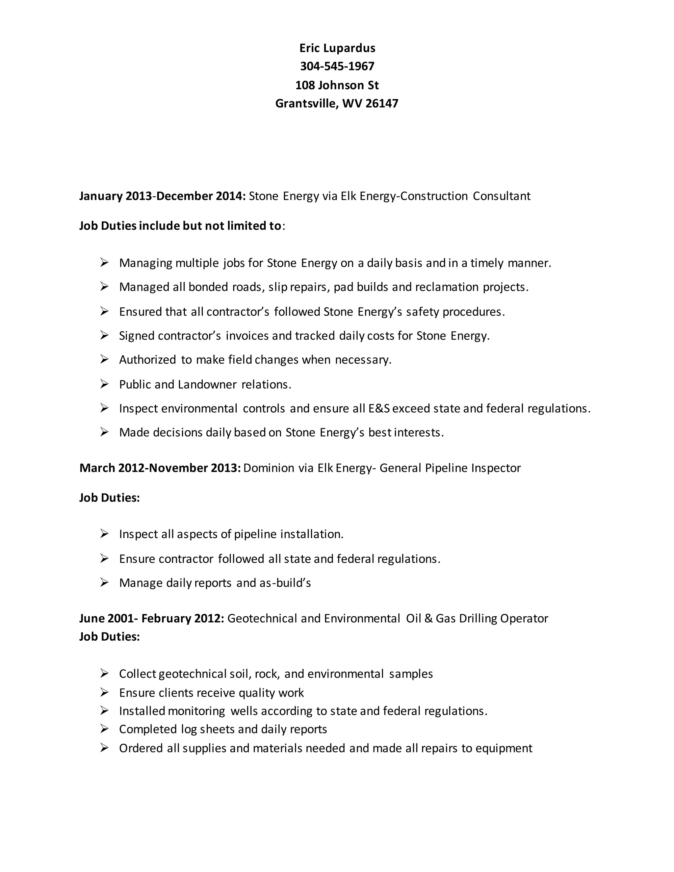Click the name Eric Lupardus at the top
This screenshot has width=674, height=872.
click(337, 48)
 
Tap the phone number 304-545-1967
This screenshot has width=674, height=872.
click(337, 66)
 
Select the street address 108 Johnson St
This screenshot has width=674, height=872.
click(337, 85)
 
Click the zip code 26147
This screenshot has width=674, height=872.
click(382, 103)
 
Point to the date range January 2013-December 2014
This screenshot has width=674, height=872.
click(162, 196)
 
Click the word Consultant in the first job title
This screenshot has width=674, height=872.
click(502, 196)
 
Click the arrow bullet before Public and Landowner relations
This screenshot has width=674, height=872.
click(104, 384)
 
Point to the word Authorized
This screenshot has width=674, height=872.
click(147, 360)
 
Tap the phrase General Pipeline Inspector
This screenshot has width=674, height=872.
click(450, 468)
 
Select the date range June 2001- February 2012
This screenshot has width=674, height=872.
click(151, 619)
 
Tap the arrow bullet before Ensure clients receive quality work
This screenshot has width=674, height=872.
click(104, 692)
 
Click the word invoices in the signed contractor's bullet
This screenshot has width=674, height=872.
click(247, 336)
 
